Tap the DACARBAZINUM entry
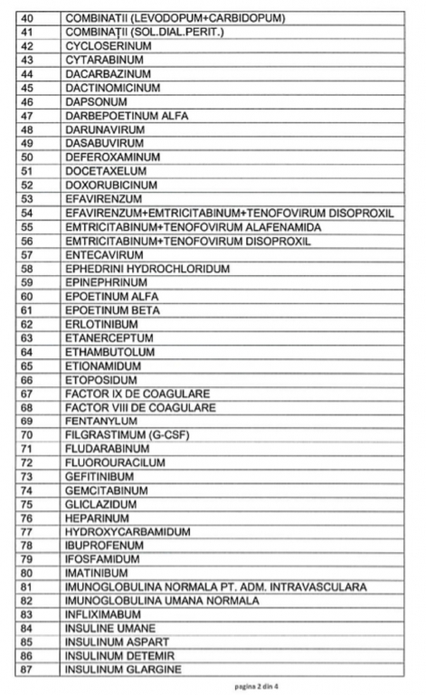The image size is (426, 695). [x=108, y=73]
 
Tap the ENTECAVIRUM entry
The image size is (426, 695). [x=105, y=254]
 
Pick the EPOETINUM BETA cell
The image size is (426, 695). [x=112, y=310]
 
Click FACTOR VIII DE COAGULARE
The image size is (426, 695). [x=140, y=407]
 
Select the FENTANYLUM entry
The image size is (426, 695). [x=101, y=421]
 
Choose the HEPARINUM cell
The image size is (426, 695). [x=99, y=519]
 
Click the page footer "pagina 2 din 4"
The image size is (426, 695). [x=213, y=687]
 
